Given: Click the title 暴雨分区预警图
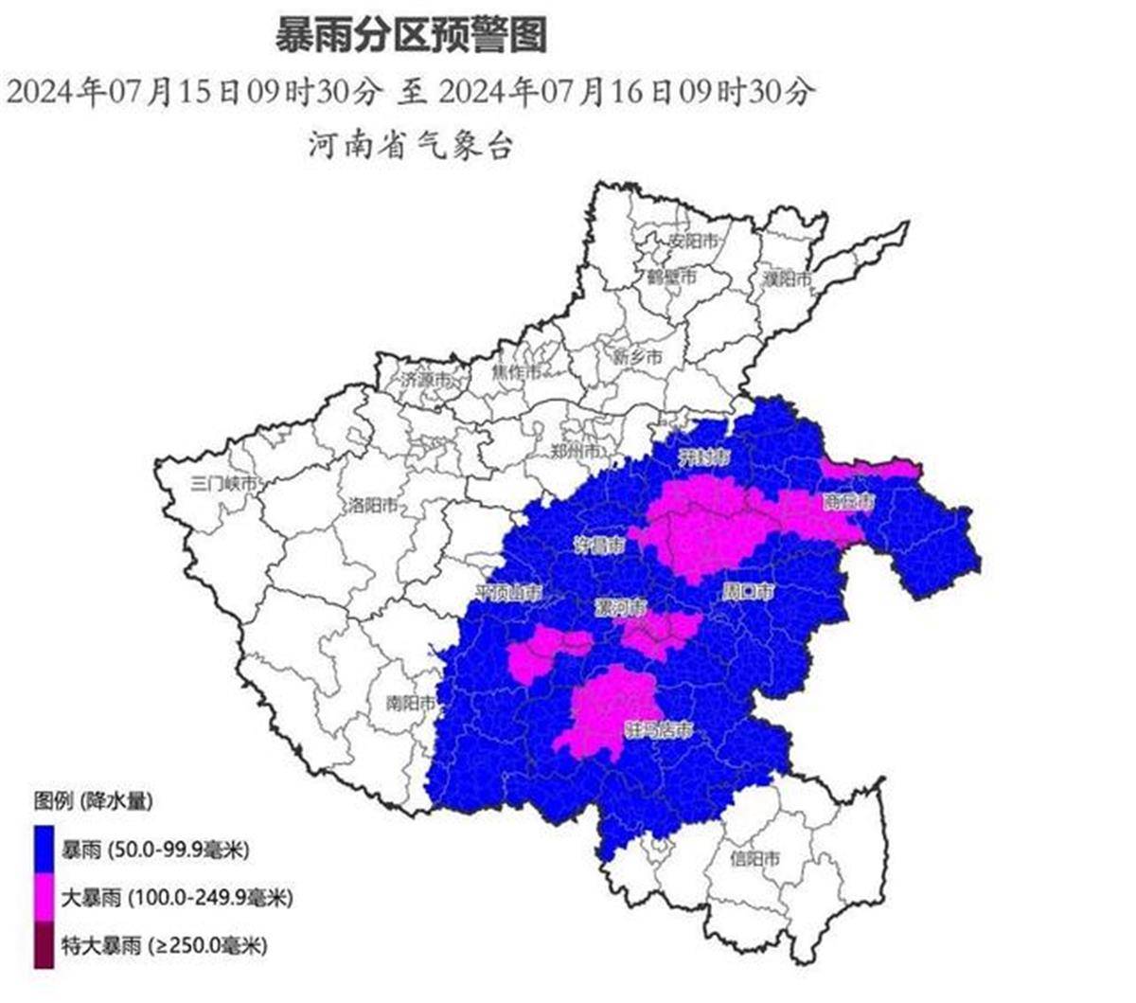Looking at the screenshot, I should click(411, 39).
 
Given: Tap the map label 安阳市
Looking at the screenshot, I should click(694, 241).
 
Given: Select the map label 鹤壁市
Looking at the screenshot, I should click(671, 277).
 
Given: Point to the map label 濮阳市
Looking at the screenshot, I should click(788, 278).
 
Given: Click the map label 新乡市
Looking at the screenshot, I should click(637, 357).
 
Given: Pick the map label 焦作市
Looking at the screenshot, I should click(516, 372).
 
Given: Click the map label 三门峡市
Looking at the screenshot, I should click(224, 482).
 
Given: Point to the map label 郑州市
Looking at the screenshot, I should click(576, 451).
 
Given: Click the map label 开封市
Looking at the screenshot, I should click(705, 458).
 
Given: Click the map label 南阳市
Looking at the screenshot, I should click(411, 704).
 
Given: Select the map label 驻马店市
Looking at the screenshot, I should click(660, 730).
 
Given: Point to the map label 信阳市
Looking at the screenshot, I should click(755, 859).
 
